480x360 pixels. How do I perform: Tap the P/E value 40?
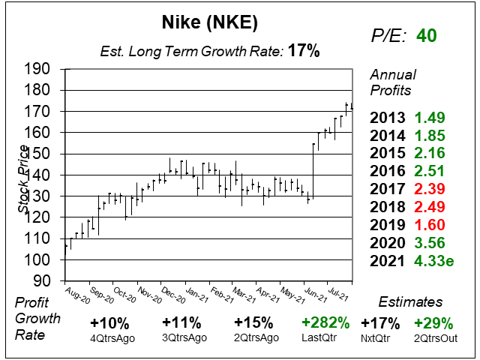tap(427, 36)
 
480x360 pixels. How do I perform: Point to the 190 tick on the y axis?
tap(37, 69)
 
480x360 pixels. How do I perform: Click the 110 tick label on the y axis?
tap(37, 238)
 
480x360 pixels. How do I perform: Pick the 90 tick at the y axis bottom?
tap(42, 280)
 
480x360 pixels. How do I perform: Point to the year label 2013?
tap(388, 118)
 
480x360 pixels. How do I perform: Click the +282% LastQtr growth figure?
tap(326, 323)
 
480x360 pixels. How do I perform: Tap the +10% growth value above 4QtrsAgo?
tap(110, 323)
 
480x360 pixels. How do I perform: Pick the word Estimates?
tap(410, 301)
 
